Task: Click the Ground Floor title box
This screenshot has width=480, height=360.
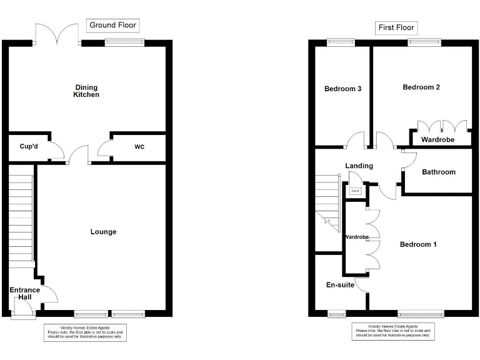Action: (112, 25)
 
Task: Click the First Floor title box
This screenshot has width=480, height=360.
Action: (396, 27)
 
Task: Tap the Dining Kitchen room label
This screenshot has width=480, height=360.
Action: (87, 91)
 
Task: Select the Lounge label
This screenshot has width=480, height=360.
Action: (103, 232)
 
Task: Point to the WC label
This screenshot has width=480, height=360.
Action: (139, 147)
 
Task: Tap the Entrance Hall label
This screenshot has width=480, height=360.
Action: (24, 293)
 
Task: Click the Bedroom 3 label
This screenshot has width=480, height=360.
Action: (342, 89)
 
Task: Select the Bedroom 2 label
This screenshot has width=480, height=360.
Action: (421, 87)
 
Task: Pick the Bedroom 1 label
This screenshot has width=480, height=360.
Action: (418, 244)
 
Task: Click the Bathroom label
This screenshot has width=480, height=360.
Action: (439, 172)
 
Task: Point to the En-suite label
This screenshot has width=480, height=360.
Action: (340, 285)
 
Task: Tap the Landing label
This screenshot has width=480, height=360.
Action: (359, 166)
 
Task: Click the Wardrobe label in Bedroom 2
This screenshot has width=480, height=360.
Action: (437, 139)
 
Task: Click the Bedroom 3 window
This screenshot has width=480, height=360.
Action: (341, 42)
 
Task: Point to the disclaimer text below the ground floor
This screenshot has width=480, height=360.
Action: (84, 332)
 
